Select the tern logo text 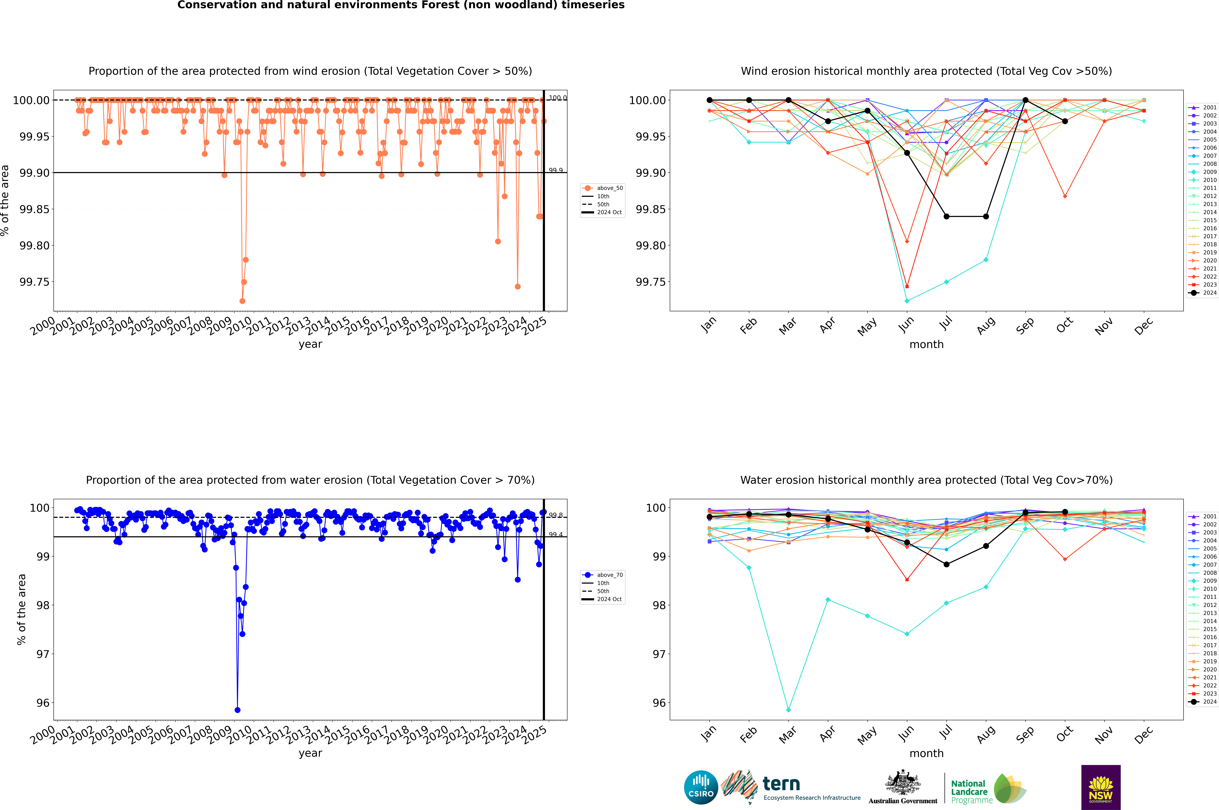pyautogui.click(x=781, y=784)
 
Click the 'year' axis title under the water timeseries pyautogui.click(x=310, y=753)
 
